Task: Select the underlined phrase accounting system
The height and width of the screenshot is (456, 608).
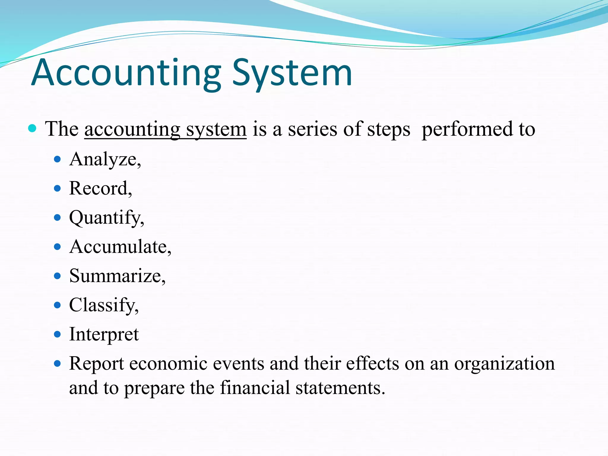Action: pyautogui.click(x=165, y=129)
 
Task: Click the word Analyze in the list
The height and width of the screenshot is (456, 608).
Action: pyautogui.click(x=105, y=159)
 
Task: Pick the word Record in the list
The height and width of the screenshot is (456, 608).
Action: pyautogui.click(x=100, y=189)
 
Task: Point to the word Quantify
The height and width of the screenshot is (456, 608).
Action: pyautogui.click(x=106, y=218)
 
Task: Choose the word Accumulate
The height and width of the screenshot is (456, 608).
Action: pyautogui.click(x=120, y=247)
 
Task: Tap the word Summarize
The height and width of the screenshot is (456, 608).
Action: pyautogui.click(x=117, y=276)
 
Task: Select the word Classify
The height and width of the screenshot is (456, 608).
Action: pyautogui.click(x=104, y=305)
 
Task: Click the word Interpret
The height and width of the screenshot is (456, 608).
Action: pyautogui.click(x=104, y=334)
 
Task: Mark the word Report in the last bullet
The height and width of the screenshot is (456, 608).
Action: pyautogui.click(x=96, y=363)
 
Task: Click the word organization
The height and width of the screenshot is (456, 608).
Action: pyautogui.click(x=504, y=363)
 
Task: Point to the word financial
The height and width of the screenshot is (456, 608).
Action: pyautogui.click(x=255, y=388)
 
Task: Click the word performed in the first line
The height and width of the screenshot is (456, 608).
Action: pyautogui.click(x=467, y=129)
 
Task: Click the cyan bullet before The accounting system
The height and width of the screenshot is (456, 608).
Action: pyautogui.click(x=32, y=129)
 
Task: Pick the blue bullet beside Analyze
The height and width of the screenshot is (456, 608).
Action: pyautogui.click(x=58, y=159)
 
